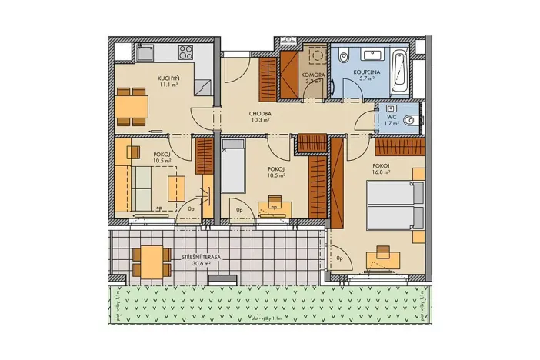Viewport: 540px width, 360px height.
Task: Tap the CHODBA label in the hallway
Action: click(x=259, y=113)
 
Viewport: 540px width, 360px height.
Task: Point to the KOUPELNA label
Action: click(x=364, y=71)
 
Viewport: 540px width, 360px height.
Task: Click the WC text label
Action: click(x=392, y=117)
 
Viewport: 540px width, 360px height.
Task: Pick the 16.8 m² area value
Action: click(x=381, y=173)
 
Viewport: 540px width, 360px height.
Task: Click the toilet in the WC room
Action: click(x=412, y=119)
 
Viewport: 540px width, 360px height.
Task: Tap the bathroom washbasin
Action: click(x=372, y=55)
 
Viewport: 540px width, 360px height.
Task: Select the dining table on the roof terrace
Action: click(x=151, y=262)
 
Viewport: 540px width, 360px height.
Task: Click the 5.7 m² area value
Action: click(x=364, y=78)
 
